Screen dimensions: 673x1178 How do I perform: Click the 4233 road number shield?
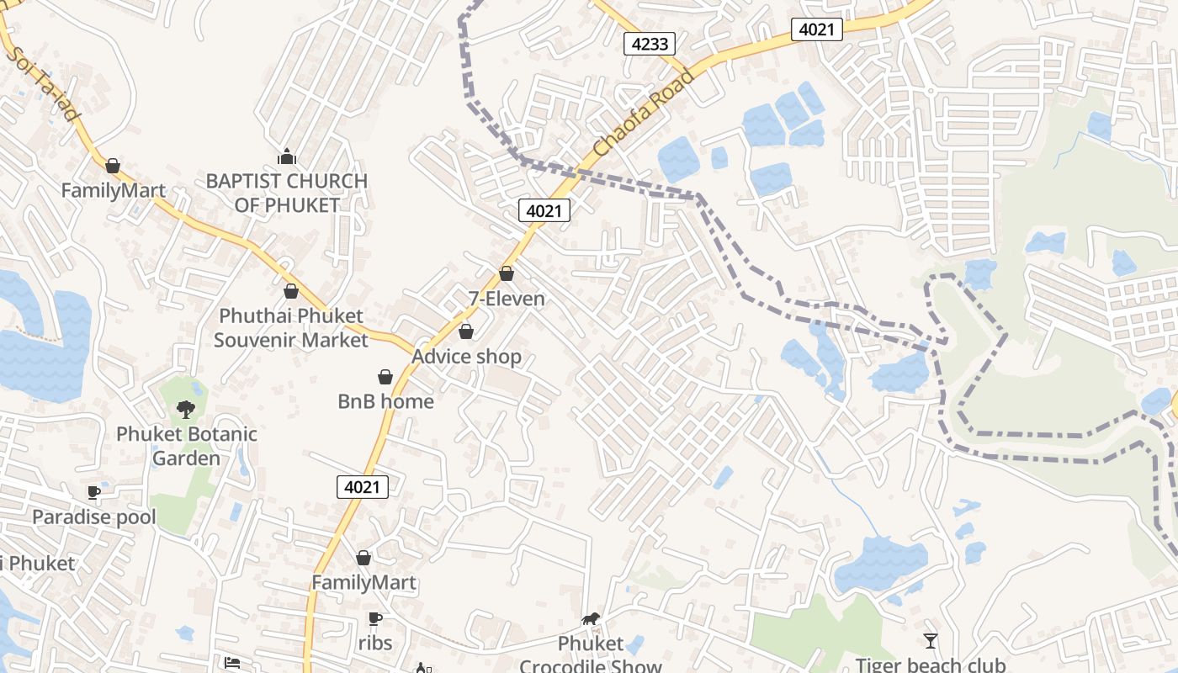click(x=650, y=44)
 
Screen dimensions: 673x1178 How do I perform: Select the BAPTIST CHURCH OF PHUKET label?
click(x=287, y=193)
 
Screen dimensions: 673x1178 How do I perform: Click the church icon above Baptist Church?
click(x=287, y=156)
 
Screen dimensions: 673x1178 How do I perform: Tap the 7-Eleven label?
click(x=507, y=299)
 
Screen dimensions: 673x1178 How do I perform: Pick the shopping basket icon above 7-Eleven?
click(x=507, y=273)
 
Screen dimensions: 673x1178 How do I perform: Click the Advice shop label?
click(x=466, y=357)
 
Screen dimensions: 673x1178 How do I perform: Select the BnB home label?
click(x=385, y=401)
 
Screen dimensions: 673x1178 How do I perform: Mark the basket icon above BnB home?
click(x=385, y=376)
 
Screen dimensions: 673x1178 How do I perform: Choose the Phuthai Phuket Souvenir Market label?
click(x=291, y=328)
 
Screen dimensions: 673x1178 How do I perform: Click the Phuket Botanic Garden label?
click(x=186, y=446)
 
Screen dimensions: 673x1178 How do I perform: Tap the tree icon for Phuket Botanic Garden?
click(x=186, y=410)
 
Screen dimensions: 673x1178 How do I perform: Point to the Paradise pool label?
click(x=94, y=517)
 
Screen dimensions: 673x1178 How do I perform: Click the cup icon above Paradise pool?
click(x=94, y=492)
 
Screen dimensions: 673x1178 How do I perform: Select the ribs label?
click(x=375, y=644)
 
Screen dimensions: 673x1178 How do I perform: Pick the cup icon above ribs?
click(x=375, y=619)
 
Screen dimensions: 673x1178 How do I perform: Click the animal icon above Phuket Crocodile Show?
click(x=591, y=619)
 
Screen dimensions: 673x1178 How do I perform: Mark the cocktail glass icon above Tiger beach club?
click(x=931, y=641)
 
